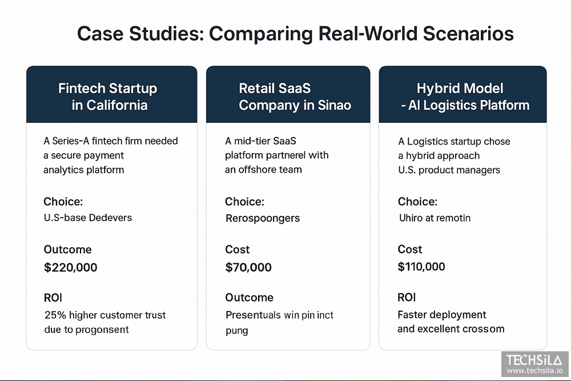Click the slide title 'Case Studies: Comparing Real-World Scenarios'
(295, 34)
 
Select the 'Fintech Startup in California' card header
(107, 97)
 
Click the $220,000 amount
(70, 267)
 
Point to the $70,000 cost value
(248, 267)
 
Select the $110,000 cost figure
(421, 267)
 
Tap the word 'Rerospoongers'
(263, 218)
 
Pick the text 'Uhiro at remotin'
(434, 218)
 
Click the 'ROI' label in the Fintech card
(53, 298)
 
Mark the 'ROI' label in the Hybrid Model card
(407, 298)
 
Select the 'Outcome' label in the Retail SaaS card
(249, 298)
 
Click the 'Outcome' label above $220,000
(67, 250)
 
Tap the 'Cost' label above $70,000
(238, 250)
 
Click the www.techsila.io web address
(534, 371)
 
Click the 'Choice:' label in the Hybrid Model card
(417, 202)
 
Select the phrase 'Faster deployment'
(434, 315)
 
